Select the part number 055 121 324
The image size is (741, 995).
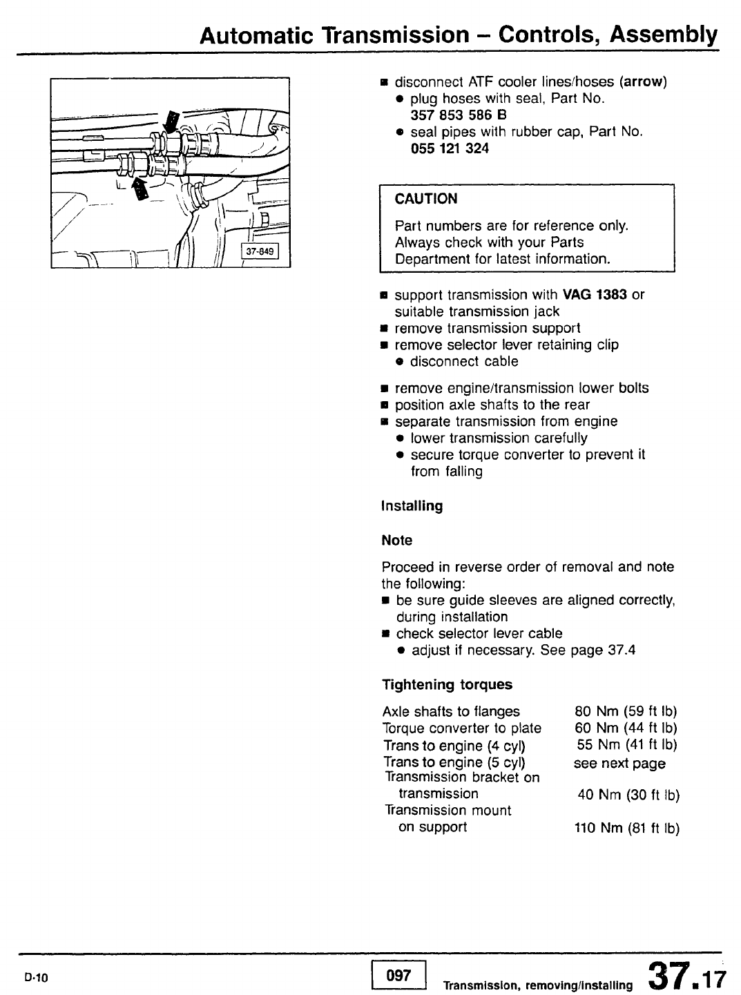pyautogui.click(x=450, y=148)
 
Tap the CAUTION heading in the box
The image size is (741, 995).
pyautogui.click(x=426, y=200)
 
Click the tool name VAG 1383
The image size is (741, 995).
pyautogui.click(x=595, y=295)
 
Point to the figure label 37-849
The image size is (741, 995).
pyautogui.click(x=259, y=251)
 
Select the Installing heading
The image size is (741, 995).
pyautogui.click(x=412, y=506)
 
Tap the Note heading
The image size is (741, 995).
pyautogui.click(x=397, y=540)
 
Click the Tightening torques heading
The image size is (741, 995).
pyautogui.click(x=448, y=685)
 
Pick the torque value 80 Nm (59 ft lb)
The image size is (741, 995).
pyautogui.click(x=626, y=712)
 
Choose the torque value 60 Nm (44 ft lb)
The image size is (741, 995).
pyautogui.click(x=626, y=728)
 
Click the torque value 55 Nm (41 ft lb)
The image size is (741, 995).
pyautogui.click(x=627, y=745)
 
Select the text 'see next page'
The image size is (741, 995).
pyautogui.click(x=619, y=764)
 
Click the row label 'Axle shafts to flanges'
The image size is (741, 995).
pyautogui.click(x=451, y=712)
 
